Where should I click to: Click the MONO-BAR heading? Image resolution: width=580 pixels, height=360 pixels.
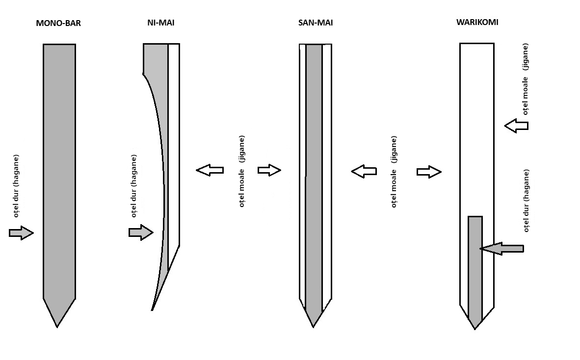tap(58, 23)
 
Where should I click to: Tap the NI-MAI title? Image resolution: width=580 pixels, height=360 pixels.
tap(161, 23)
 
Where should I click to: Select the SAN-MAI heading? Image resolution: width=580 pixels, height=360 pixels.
tap(316, 23)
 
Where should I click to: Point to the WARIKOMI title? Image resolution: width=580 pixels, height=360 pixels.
tap(477, 22)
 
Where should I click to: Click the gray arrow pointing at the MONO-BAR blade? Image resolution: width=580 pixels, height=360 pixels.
tap(21, 233)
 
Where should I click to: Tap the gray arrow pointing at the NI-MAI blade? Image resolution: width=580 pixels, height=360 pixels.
tap(141, 232)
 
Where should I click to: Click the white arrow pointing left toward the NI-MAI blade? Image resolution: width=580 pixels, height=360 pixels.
tap(210, 170)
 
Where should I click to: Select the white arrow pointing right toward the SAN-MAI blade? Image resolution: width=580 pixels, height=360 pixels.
tap(269, 170)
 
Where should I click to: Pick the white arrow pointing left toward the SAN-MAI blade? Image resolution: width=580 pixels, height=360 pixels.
tap(364, 172)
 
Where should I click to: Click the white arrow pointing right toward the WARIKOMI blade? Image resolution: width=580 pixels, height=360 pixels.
tap(429, 172)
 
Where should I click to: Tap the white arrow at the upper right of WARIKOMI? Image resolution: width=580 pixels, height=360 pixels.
tap(516, 126)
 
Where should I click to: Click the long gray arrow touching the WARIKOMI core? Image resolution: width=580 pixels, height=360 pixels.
tap(501, 249)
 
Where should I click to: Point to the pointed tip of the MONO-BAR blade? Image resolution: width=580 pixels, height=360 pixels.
tap(57, 327)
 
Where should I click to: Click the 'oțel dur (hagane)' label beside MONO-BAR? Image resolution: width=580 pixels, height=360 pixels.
tap(16, 186)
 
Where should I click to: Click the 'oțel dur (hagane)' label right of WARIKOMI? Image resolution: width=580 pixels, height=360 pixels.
tap(527, 201)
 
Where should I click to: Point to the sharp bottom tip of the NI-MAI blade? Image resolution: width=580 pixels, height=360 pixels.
tap(152, 310)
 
